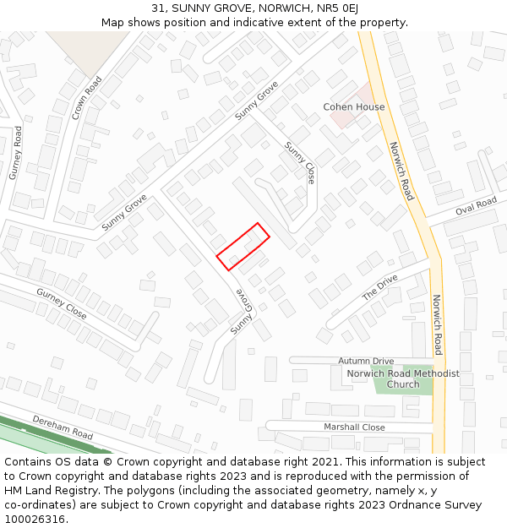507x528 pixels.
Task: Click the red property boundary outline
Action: (243, 247)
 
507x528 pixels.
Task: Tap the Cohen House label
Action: (354, 107)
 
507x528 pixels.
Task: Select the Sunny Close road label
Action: (299, 163)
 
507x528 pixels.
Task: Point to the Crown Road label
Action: (87, 98)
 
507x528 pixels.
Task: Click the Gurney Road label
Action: (16, 153)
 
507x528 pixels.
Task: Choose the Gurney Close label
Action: (61, 303)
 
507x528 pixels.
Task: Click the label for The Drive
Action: (379, 288)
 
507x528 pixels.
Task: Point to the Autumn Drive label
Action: (366, 361)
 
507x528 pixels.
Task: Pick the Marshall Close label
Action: (354, 427)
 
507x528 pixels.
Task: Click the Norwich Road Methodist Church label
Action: (403, 378)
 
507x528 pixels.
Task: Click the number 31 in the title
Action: (158, 8)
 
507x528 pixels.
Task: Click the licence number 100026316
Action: (35, 520)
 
